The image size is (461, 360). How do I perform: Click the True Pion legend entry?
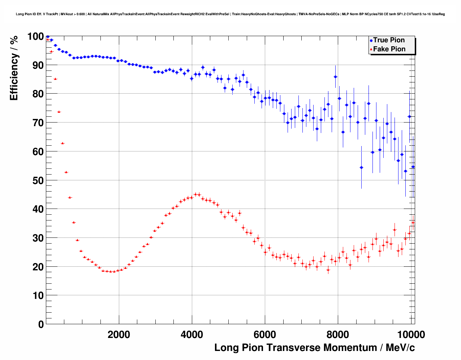[389, 40]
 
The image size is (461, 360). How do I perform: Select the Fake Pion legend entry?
[389, 49]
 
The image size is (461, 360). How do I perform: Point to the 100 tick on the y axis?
[47, 36]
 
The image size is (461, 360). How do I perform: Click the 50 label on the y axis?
[36, 180]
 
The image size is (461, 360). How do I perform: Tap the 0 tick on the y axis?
[47, 324]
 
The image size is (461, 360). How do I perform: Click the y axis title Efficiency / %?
[14, 68]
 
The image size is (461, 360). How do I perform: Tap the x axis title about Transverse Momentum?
[314, 348]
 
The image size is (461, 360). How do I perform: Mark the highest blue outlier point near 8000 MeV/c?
[335, 77]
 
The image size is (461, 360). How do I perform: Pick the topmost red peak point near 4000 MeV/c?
[195, 194]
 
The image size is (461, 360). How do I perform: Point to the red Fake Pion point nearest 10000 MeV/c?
[413, 222]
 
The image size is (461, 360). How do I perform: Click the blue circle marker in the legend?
[371, 40]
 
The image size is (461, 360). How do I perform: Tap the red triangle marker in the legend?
[371, 49]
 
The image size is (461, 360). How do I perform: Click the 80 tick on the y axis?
[47, 94]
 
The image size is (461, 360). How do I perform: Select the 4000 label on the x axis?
[192, 334]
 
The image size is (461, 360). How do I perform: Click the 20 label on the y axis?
[36, 267]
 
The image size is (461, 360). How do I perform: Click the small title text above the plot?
[230, 14]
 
